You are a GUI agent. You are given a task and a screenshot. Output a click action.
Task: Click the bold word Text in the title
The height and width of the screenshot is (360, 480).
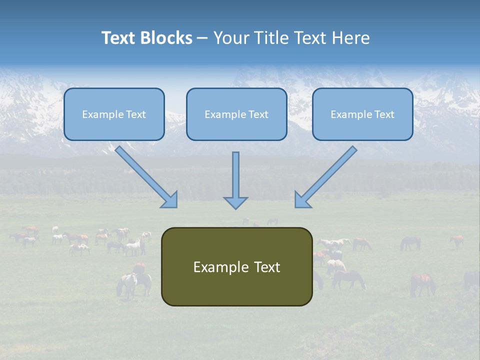pyautogui.click(x=118, y=38)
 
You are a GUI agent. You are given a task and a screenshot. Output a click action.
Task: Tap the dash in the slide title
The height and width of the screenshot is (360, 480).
pyautogui.click(x=202, y=38)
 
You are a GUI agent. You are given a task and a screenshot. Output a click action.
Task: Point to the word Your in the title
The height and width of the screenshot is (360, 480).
pyautogui.click(x=231, y=38)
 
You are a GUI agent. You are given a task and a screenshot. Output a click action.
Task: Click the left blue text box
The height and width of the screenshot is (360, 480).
pyautogui.click(x=114, y=114)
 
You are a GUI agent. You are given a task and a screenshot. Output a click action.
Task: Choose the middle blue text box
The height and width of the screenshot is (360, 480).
pyautogui.click(x=236, y=114)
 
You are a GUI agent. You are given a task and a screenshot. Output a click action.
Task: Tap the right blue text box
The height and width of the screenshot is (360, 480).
pyautogui.click(x=362, y=114)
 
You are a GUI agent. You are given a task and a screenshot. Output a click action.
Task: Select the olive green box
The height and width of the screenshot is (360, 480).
pyautogui.click(x=236, y=266)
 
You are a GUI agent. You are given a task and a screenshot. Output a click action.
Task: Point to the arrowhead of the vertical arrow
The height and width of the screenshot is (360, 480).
pyautogui.click(x=235, y=202)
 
